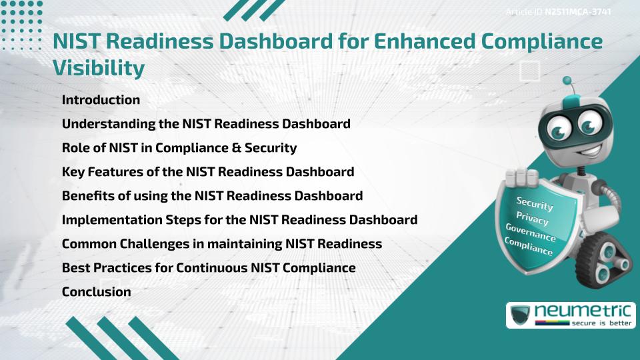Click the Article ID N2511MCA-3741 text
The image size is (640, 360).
click(559, 11)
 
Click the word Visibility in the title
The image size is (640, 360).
click(99, 68)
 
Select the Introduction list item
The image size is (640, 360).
click(101, 100)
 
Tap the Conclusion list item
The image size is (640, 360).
click(96, 291)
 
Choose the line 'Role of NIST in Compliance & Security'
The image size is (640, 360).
click(179, 147)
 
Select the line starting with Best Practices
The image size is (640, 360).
click(208, 267)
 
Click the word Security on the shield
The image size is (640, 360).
click(534, 203)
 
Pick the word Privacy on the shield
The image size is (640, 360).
click(532, 218)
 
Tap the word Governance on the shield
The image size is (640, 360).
click(530, 233)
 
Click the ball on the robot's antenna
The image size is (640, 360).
click(568, 81)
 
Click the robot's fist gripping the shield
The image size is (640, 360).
click(523, 178)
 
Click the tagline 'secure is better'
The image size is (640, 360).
click(601, 323)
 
